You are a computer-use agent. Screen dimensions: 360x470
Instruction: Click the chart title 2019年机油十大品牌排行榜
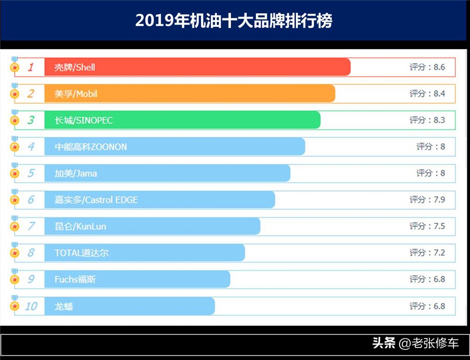coord(233,21)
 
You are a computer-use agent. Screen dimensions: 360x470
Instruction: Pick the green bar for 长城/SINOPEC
coord(182,121)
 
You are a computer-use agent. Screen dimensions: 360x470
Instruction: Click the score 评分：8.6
coord(427,67)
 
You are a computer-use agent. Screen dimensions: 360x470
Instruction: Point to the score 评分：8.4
coord(427,94)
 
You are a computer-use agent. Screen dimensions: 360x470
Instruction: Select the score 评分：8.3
coord(427,121)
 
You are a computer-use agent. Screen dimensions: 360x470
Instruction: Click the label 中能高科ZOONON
coord(91,147)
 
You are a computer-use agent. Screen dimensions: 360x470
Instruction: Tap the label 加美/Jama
coord(76,173)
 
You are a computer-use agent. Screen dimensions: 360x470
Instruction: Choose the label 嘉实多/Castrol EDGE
coord(96,200)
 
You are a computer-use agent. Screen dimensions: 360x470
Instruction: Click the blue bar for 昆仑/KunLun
coord(152,226)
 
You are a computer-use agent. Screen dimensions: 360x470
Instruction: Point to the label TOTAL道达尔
coord(81,253)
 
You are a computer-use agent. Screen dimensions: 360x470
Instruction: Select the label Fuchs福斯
coord(75,280)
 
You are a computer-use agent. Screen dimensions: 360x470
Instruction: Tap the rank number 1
coord(30,67)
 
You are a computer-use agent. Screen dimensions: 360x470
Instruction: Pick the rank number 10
coord(31,306)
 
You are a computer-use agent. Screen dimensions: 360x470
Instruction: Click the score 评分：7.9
coord(427,200)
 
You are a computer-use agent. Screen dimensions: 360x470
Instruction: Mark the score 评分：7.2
coord(427,253)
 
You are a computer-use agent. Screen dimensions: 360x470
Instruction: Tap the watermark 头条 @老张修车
coord(415,343)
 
